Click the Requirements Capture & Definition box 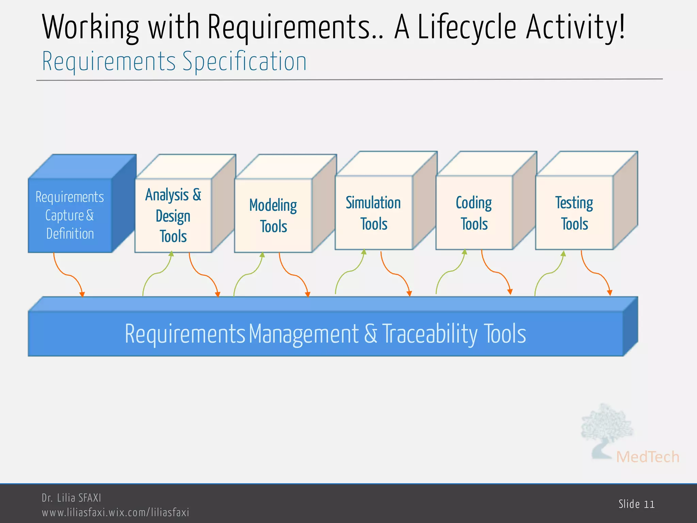coord(70,215)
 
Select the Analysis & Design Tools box coord(173,215)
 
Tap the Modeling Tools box coord(273,216)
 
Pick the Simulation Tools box coord(374,213)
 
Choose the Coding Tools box coord(474,213)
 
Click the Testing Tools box coord(574,213)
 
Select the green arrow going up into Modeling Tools coord(248,274)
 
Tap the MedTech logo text coord(647,457)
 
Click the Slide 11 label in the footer coord(636,504)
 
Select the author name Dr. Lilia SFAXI coord(71,498)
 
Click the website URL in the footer coord(115,512)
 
